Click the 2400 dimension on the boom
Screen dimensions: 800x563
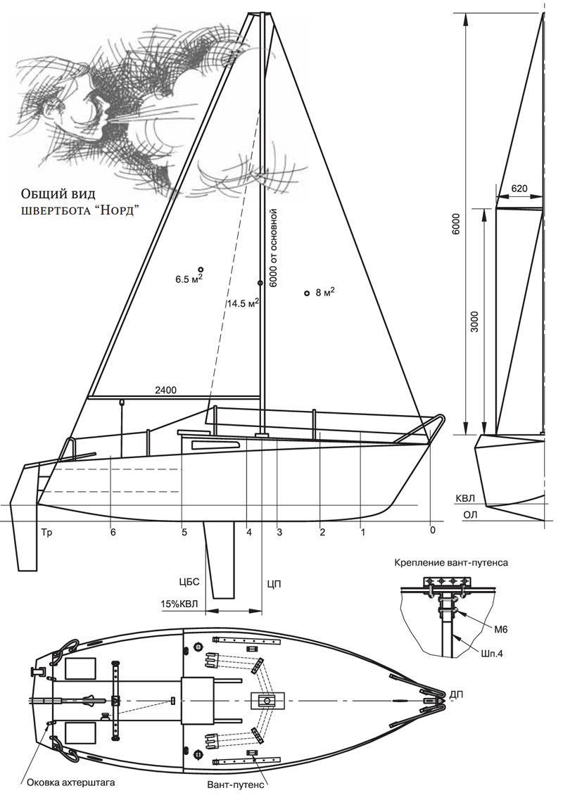point(166,391)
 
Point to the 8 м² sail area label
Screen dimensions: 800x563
point(324,292)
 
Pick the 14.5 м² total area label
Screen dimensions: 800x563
point(242,304)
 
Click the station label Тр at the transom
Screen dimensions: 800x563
point(47,533)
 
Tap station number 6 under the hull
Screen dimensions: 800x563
point(113,533)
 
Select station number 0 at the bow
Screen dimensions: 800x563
point(432,530)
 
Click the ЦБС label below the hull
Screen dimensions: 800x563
point(190,582)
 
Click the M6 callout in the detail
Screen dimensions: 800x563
point(500,618)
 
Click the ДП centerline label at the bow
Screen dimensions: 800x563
point(457,695)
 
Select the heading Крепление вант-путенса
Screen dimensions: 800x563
point(452,563)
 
